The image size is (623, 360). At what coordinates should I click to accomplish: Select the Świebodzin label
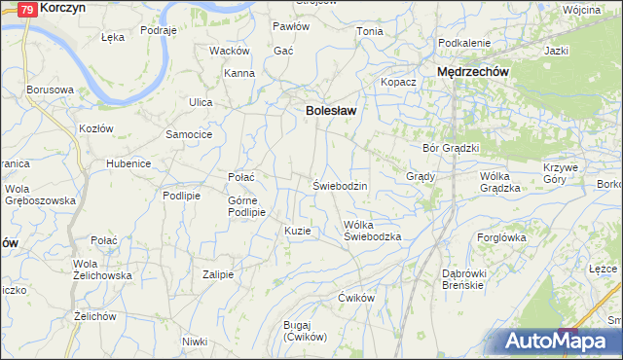339,185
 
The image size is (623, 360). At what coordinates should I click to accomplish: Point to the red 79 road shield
29,9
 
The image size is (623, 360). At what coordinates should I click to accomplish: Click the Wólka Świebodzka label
373,230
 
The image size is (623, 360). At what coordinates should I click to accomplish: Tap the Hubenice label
128,163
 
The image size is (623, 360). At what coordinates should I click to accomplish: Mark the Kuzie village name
297,231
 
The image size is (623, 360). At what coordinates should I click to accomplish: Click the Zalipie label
218,274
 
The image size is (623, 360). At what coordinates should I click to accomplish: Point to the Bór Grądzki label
451,148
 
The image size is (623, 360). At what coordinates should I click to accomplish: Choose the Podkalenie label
464,43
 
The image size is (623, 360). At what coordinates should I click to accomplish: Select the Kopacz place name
398,82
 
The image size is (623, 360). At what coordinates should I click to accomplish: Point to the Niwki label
195,342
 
